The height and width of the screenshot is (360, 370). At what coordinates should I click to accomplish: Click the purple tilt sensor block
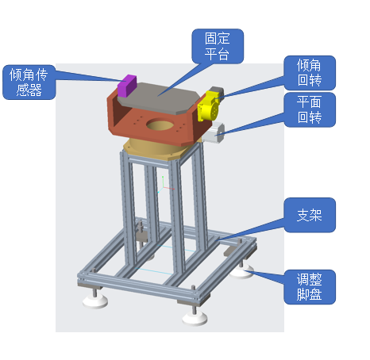(x=127, y=86)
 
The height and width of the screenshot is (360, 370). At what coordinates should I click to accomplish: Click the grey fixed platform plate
(x=158, y=98)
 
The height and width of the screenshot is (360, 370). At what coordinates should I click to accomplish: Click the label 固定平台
(x=218, y=46)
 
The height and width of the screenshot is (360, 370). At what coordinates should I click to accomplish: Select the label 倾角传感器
(x=29, y=82)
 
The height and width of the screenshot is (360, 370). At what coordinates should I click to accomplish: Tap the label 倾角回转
(x=310, y=73)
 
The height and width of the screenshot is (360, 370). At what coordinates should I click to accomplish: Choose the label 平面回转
(x=310, y=109)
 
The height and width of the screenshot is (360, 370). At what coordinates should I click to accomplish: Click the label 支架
(x=310, y=215)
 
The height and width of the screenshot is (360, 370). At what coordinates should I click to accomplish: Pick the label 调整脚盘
(x=310, y=287)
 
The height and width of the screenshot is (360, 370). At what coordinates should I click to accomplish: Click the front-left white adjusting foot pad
(x=95, y=301)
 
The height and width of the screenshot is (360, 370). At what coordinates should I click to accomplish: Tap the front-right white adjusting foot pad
(x=195, y=320)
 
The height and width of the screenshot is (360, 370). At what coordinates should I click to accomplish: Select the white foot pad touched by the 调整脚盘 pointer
(x=241, y=274)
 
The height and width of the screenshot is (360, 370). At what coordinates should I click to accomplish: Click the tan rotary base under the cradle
(x=153, y=150)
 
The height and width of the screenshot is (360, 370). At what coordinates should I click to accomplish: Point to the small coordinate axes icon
(x=165, y=185)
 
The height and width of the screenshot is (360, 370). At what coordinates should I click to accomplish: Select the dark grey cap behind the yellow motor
(x=218, y=90)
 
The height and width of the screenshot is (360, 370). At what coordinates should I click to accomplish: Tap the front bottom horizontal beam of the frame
(x=143, y=287)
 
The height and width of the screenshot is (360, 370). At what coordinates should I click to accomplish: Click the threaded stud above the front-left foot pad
(x=94, y=292)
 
